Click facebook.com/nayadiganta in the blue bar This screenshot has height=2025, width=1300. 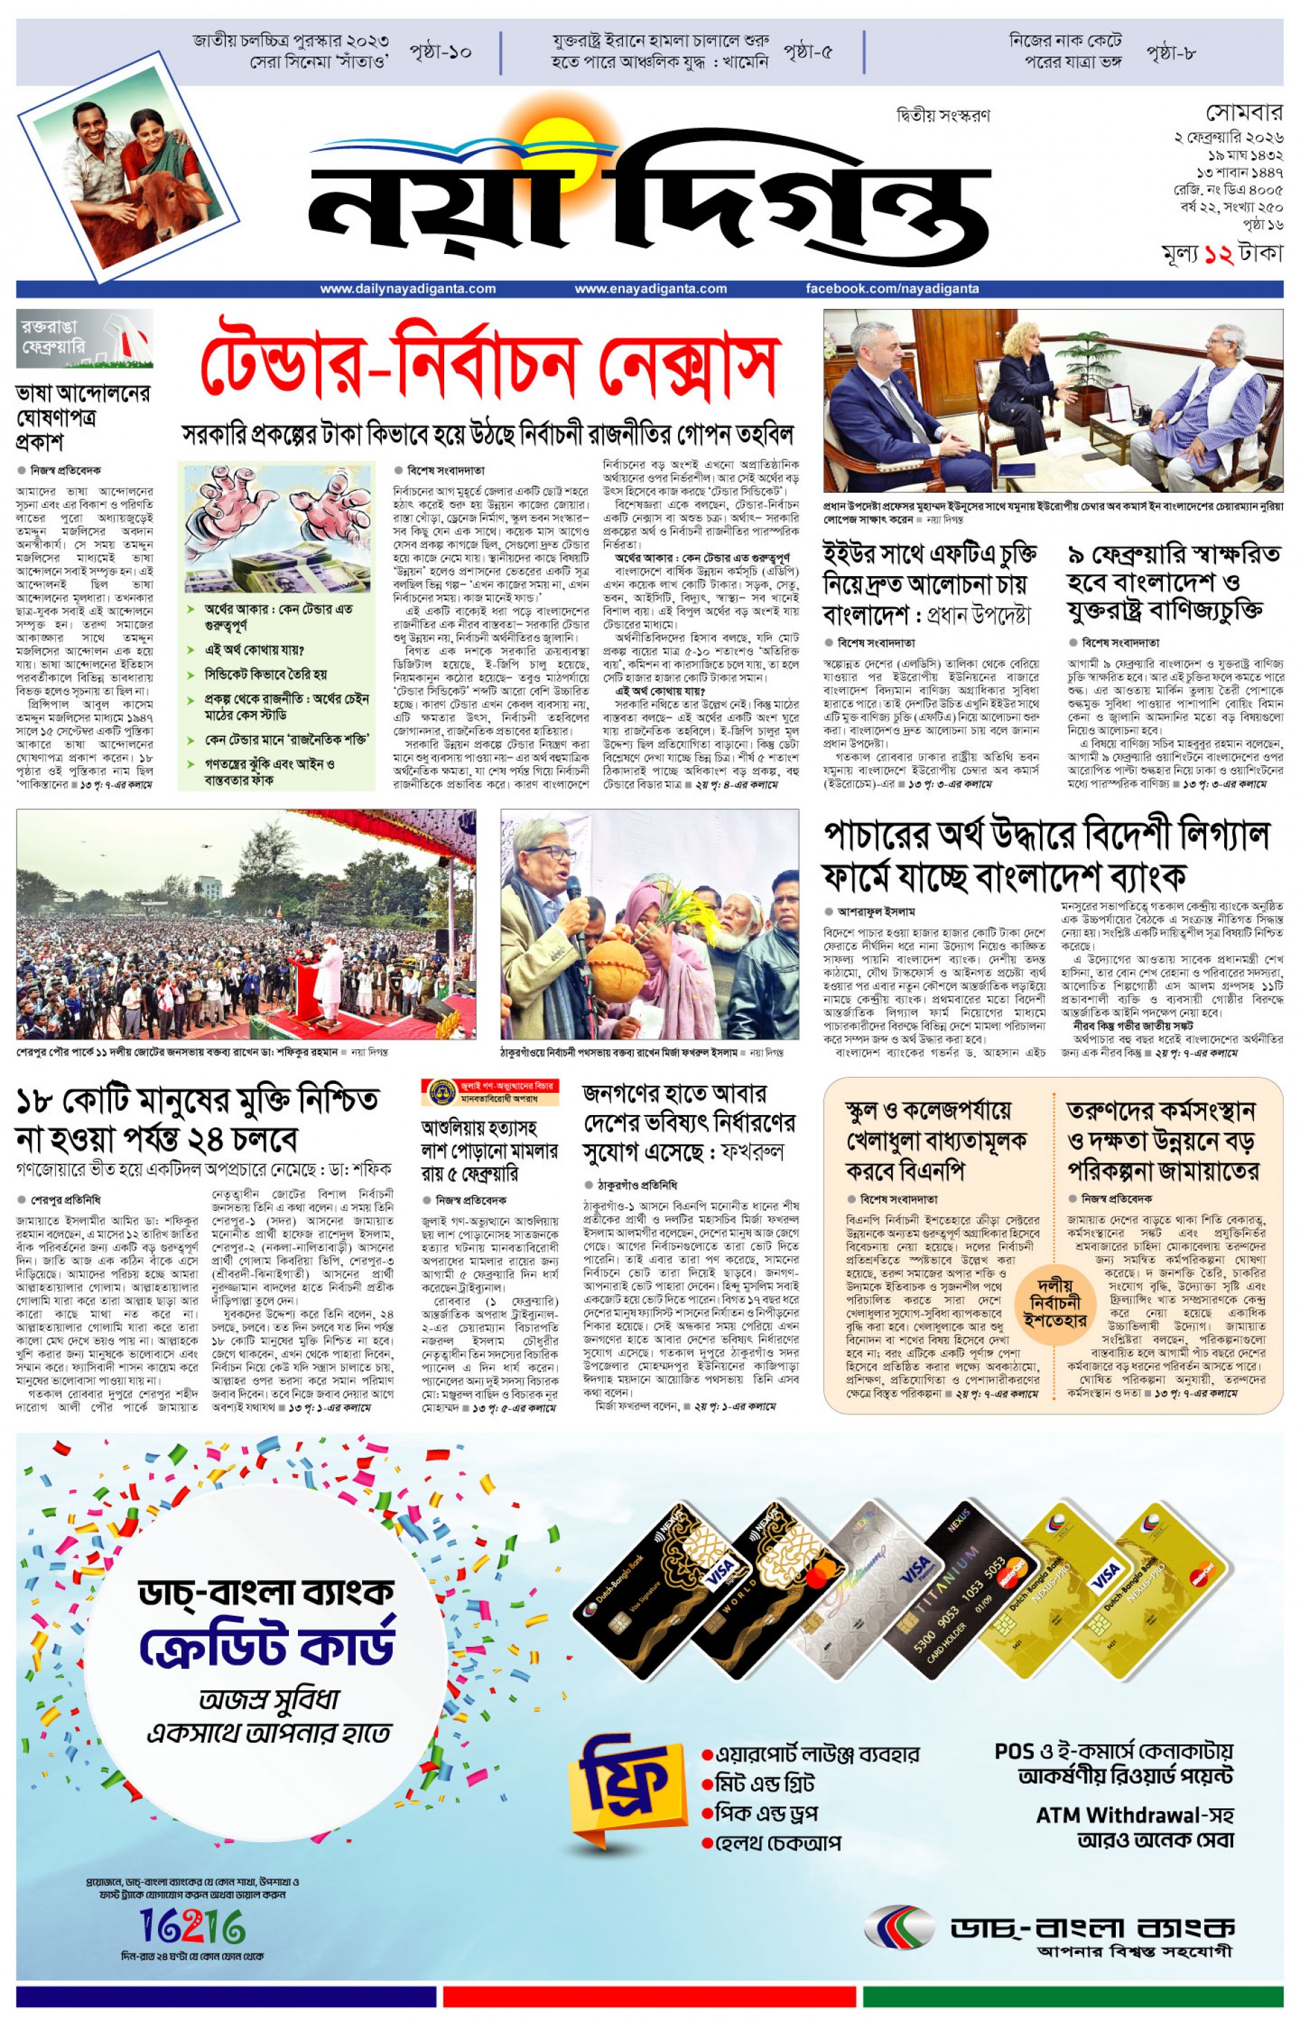(892, 289)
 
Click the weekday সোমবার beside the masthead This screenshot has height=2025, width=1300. (1243, 112)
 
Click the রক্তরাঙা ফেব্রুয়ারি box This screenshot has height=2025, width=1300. (84, 338)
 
